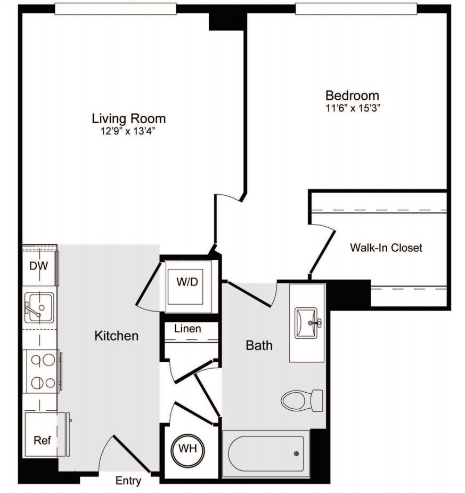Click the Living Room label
tap(128, 118)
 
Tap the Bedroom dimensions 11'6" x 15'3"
tap(352, 108)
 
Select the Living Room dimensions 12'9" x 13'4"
tap(128, 131)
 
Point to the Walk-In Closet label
tap(386, 248)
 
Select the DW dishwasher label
tap(38, 266)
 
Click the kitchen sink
tap(38, 308)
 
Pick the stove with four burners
tap(42, 371)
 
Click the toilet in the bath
tap(301, 400)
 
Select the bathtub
tap(266, 454)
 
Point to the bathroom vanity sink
tap(308, 322)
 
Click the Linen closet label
tap(187, 329)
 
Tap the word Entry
tap(128, 481)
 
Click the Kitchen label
tap(116, 336)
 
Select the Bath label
tap(259, 345)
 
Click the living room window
tap(115, 9)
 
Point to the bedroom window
tap(356, 9)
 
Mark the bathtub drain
tap(296, 454)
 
